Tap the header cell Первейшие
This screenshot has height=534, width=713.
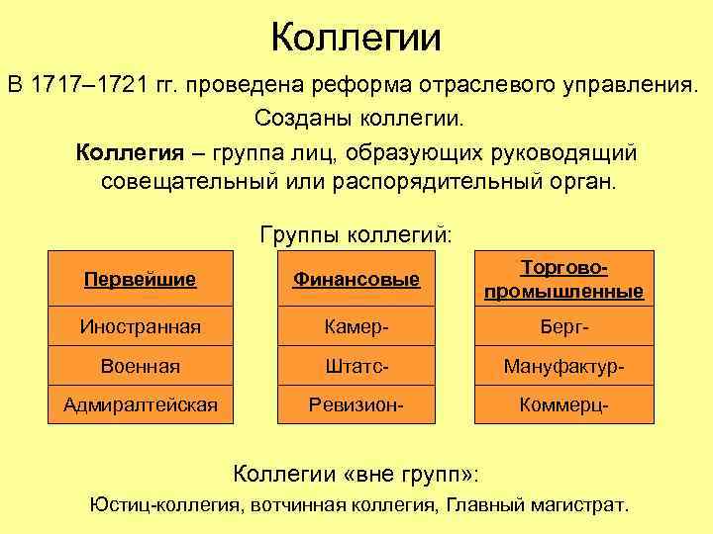[141, 280]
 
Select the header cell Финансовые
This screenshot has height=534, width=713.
[356, 280]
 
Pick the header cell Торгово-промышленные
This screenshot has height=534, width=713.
[563, 280]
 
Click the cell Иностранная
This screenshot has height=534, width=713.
[141, 326]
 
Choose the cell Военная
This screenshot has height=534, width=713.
[141, 366]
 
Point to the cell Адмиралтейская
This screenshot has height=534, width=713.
[141, 403]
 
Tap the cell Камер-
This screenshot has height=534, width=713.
[356, 326]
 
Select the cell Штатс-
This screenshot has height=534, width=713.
[356, 366]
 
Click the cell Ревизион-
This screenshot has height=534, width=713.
[356, 403]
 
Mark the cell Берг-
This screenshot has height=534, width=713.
[563, 326]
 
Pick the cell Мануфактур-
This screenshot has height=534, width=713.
[563, 366]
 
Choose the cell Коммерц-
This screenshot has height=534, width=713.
[563, 403]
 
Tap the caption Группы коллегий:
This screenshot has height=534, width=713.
[356, 235]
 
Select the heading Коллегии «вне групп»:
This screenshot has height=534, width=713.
[356, 472]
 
